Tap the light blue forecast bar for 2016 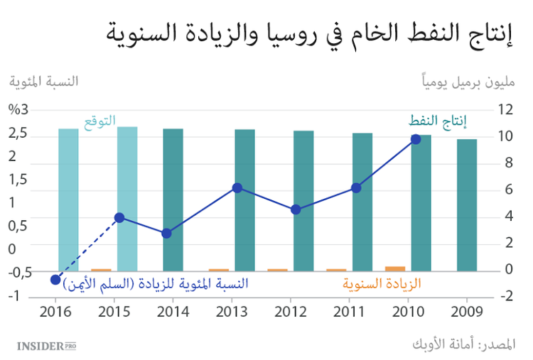(x=68, y=200)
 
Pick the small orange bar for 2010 (x=395, y=268)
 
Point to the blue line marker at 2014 (x=167, y=233)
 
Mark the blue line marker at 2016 (x=55, y=279)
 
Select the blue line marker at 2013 (x=238, y=187)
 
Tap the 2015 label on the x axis (x=114, y=311)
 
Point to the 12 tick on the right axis (x=505, y=109)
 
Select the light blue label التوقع (x=100, y=121)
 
